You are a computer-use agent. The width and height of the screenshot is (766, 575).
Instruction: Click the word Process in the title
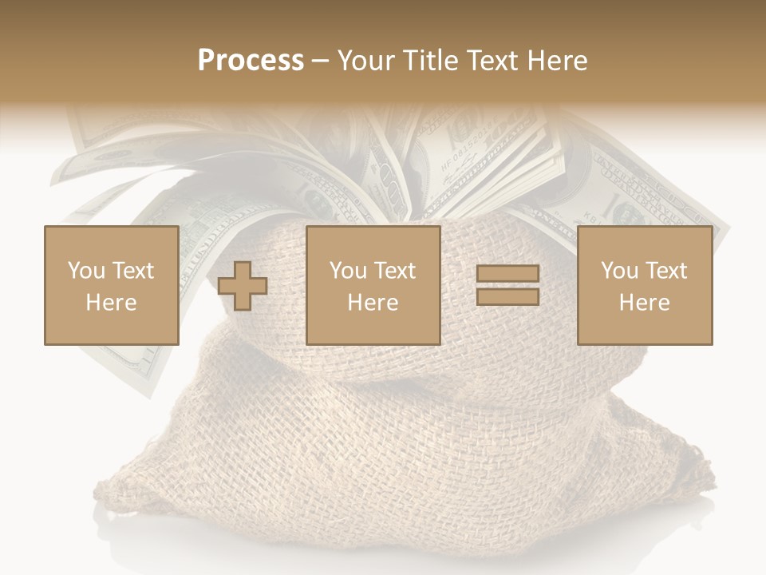251,61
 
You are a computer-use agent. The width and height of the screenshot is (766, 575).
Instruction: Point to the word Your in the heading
364,61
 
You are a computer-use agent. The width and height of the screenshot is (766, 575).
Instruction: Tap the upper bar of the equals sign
507,274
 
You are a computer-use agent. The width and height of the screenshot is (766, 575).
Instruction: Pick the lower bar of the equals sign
507,296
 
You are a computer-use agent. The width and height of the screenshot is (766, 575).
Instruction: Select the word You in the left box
86,271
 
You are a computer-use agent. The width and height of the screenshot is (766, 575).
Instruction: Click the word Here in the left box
111,303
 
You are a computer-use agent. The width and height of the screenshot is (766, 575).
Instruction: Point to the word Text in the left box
132,271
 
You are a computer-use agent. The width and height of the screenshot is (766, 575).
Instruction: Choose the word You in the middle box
348,271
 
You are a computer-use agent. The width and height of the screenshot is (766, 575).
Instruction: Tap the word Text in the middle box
393,271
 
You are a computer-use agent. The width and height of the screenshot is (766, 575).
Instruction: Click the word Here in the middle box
373,303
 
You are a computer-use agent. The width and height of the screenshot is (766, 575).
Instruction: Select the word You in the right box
619,271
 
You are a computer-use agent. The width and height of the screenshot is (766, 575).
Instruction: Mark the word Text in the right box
665,271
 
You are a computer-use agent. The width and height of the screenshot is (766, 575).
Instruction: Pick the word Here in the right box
644,303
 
